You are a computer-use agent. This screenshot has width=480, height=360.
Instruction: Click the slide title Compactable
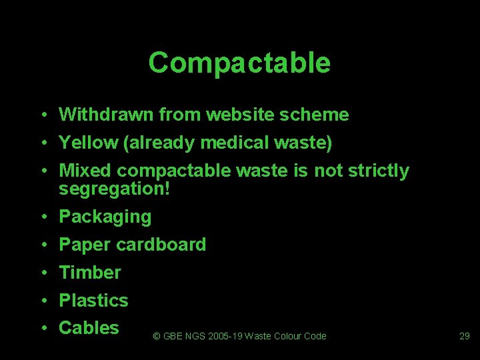tap(239, 63)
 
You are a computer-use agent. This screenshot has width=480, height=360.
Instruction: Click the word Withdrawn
tap(106, 115)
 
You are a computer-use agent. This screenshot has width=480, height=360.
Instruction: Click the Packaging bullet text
tap(105, 217)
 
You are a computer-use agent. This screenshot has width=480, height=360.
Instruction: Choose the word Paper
tap(85, 245)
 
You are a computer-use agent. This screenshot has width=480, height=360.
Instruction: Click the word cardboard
tap(161, 245)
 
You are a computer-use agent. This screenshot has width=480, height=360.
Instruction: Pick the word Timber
tap(90, 273)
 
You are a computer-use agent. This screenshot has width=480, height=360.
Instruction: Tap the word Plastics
tap(93, 301)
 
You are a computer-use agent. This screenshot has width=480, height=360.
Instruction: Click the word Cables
tap(89, 328)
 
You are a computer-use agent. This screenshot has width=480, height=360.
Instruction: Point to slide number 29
tap(465, 336)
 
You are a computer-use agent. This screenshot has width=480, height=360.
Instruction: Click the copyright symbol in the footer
tap(157, 336)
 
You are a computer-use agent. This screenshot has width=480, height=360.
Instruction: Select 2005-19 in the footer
tap(221, 336)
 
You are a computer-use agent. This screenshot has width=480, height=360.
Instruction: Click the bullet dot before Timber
tap(42, 273)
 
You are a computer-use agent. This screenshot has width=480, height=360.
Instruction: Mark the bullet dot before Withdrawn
tap(42, 115)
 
